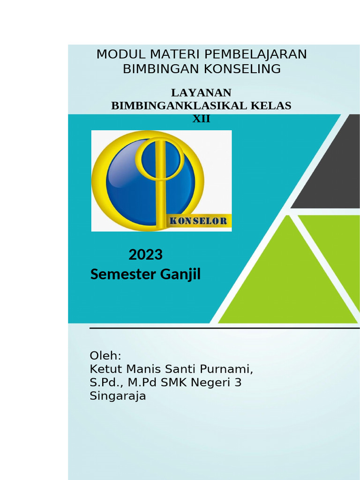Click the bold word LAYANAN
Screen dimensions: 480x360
click(201, 93)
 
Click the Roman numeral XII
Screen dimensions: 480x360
click(201, 119)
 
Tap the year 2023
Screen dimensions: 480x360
click(145, 255)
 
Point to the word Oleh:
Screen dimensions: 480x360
click(105, 356)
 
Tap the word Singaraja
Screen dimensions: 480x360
click(118, 396)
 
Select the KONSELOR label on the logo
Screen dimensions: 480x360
click(198, 221)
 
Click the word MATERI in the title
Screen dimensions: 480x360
click(168, 54)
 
